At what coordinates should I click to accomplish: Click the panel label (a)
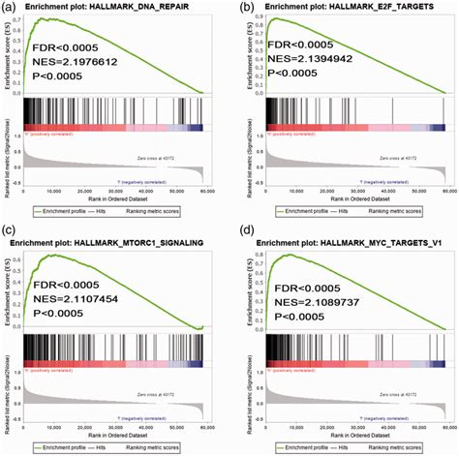[9, 8]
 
